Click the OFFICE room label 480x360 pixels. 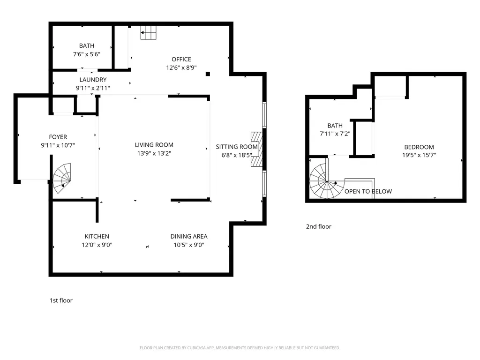point(181,59)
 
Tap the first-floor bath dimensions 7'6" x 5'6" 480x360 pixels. point(87,54)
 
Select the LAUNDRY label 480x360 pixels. point(93,80)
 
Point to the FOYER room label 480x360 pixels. point(58,137)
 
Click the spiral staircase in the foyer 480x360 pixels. point(62,178)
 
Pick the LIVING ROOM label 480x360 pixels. point(154,145)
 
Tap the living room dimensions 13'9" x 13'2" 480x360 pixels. point(154,153)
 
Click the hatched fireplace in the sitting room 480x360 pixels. point(256,149)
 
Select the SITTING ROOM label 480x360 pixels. point(237,147)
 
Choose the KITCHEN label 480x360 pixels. point(97,236)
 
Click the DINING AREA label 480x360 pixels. point(189,236)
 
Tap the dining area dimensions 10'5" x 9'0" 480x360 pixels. point(189,245)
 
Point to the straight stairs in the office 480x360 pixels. point(149,32)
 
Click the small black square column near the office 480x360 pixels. point(208,74)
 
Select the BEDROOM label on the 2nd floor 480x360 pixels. point(419,147)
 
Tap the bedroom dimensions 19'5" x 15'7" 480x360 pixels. point(419,155)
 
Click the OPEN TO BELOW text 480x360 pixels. point(368,191)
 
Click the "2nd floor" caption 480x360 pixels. point(319,226)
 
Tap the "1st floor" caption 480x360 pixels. point(61,300)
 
